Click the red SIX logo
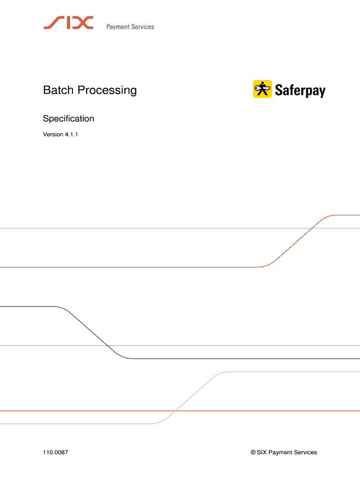[68, 22]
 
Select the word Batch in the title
[59, 90]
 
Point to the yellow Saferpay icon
[262, 89]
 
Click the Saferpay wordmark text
[300, 90]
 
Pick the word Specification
[69, 119]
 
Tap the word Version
[53, 135]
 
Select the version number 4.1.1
[74, 135]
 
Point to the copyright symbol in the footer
[253, 452]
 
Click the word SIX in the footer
[262, 452]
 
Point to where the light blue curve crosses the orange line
[175, 411]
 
